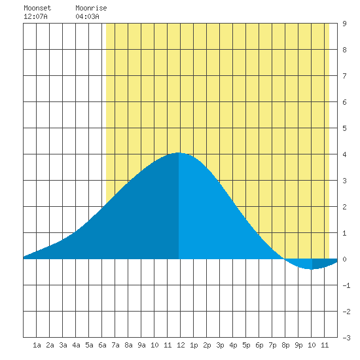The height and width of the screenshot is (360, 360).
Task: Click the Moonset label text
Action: [37, 8]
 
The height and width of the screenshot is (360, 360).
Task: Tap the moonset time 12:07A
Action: [35, 16]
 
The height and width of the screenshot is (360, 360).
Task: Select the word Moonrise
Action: [91, 8]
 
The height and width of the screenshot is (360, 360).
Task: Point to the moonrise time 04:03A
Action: [88, 16]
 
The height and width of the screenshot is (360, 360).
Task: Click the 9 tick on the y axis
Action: [344, 24]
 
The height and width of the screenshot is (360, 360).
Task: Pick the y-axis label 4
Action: [344, 154]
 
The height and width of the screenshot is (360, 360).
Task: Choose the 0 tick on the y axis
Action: [344, 259]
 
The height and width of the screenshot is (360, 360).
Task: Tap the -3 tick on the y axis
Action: [346, 338]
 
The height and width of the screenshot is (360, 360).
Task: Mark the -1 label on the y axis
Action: [346, 285]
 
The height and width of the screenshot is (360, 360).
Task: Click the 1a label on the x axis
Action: [37, 345]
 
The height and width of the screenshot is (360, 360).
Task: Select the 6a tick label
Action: [102, 345]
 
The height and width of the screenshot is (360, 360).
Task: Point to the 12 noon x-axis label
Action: [181, 345]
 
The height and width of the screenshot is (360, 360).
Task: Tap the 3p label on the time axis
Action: [220, 345]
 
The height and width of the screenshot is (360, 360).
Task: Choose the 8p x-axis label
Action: [285, 345]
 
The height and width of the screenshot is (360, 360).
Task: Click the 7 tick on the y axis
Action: [344, 76]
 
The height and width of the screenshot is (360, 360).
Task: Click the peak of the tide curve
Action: [179, 153]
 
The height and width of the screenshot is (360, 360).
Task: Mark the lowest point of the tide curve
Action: [312, 269]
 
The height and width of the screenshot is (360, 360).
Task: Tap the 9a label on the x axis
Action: [141, 345]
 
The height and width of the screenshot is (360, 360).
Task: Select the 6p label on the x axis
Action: [259, 345]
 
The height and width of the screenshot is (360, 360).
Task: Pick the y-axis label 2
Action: [344, 207]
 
